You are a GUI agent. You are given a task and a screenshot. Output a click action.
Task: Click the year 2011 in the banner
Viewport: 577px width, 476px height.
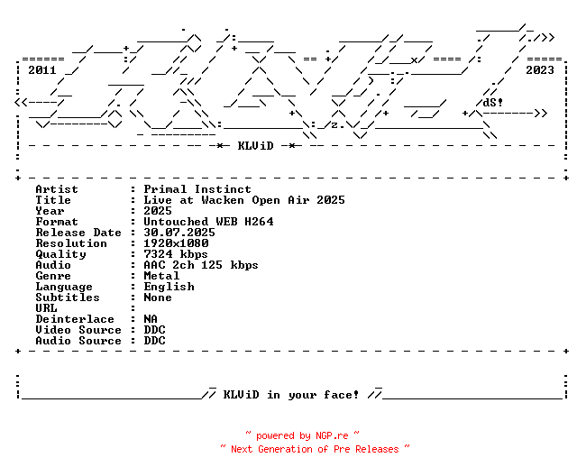(x=42, y=69)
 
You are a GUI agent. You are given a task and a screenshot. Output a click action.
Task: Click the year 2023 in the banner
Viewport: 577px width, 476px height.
(x=540, y=69)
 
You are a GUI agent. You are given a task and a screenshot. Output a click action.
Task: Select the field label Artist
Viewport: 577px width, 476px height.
(x=57, y=189)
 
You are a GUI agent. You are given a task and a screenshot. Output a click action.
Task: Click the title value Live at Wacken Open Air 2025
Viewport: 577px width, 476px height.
(x=244, y=200)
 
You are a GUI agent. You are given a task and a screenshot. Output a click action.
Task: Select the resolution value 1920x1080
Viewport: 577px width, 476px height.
(x=176, y=243)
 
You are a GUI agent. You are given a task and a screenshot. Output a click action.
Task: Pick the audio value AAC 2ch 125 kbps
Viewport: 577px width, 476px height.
(x=201, y=265)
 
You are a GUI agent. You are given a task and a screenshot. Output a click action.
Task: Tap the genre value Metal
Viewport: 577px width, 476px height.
(x=161, y=276)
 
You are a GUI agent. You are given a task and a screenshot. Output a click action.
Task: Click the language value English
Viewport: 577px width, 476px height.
(x=169, y=287)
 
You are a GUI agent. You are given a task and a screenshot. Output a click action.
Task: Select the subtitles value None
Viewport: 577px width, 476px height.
(x=158, y=297)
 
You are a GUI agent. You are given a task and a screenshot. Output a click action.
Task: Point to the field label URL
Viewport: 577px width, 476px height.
(x=46, y=308)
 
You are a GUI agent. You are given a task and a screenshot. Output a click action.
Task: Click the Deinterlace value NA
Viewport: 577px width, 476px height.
(x=151, y=319)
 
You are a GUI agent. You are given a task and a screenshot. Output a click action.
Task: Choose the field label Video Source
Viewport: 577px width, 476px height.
(x=78, y=330)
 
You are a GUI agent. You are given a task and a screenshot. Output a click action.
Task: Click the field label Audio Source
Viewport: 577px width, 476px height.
(x=78, y=341)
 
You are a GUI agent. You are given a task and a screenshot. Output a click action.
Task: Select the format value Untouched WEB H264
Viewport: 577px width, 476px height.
(x=208, y=222)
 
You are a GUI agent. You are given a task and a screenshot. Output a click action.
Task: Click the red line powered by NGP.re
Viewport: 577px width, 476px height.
(x=302, y=435)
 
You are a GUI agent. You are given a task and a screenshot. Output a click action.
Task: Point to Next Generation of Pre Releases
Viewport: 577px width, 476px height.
(x=315, y=448)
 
